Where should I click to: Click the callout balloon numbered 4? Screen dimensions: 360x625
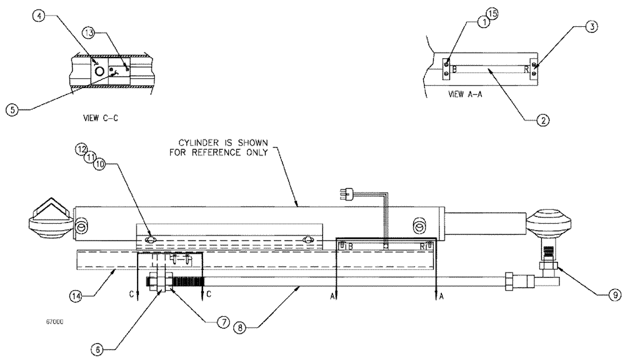[x=39, y=16]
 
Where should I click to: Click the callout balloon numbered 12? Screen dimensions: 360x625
[x=81, y=149]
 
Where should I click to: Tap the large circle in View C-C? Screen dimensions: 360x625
[x=99, y=72]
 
